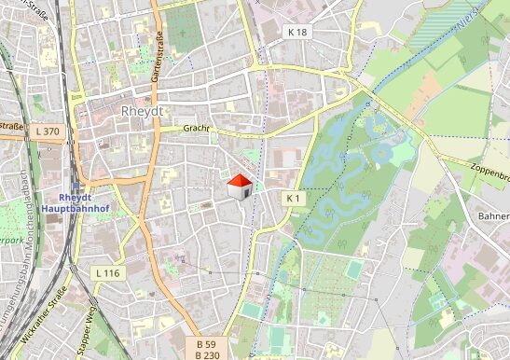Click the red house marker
pos(241,187)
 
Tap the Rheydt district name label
pos(142,111)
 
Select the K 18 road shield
pos(296,31)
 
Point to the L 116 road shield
pos(108,272)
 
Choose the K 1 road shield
pos(295,199)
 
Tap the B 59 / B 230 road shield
pos(207,349)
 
